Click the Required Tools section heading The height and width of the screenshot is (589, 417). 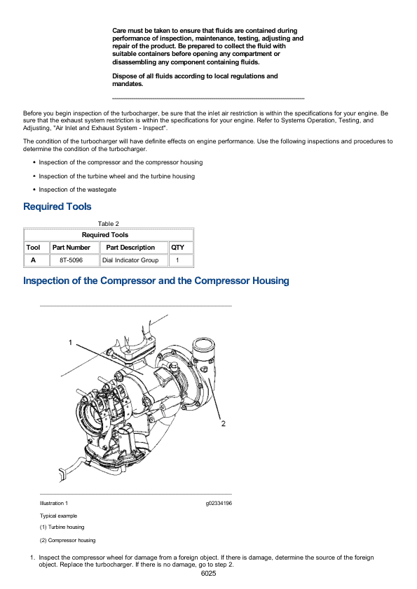pyautogui.click(x=57, y=206)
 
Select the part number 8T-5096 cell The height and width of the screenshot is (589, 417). pyautogui.click(x=71, y=260)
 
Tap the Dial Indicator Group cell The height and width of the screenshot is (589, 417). pyautogui.click(x=130, y=260)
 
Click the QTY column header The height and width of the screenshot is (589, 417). pyautogui.click(x=177, y=248)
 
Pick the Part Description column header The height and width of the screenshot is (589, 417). pyautogui.click(x=130, y=248)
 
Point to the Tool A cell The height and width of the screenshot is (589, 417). pyautogui.click(x=33, y=260)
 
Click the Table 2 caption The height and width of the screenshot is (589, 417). pyautogui.click(x=109, y=224)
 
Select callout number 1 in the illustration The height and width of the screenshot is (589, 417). pyautogui.click(x=70, y=343)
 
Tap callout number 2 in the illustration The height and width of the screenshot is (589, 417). pyautogui.click(x=223, y=423)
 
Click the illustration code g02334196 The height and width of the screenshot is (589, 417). pyautogui.click(x=219, y=504)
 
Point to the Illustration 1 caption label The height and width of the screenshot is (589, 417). pyautogui.click(x=54, y=504)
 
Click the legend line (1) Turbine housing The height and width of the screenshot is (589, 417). pyautogui.click(x=62, y=527)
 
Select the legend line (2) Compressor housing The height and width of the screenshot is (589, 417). pyautogui.click(x=68, y=540)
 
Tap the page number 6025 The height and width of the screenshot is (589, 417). pyautogui.click(x=209, y=573)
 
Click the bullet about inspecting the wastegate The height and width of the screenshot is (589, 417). pyautogui.click(x=77, y=190)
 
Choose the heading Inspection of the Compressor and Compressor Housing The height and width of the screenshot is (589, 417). pyautogui.click(x=156, y=281)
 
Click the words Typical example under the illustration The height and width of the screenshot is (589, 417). pyautogui.click(x=58, y=516)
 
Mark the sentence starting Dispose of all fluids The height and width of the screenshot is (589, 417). pyautogui.click(x=195, y=80)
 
